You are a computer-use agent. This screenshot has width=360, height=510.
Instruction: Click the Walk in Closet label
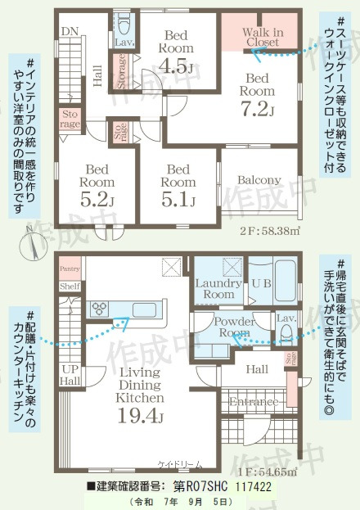(x=263, y=37)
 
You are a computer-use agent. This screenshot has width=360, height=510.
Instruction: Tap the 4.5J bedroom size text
(x=177, y=66)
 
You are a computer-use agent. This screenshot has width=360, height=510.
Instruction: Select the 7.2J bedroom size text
(x=256, y=109)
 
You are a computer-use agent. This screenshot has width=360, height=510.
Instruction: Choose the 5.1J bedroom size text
(x=177, y=199)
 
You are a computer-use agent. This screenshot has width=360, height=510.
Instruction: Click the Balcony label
(x=259, y=180)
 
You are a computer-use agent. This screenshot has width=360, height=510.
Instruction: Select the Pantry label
(x=70, y=268)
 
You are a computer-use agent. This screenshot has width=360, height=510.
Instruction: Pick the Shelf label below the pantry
(x=70, y=287)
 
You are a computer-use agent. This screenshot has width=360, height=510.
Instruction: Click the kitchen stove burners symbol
(x=100, y=308)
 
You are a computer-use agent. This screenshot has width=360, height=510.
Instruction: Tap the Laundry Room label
(x=217, y=288)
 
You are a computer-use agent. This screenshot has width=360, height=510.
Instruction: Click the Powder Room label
(x=232, y=327)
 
